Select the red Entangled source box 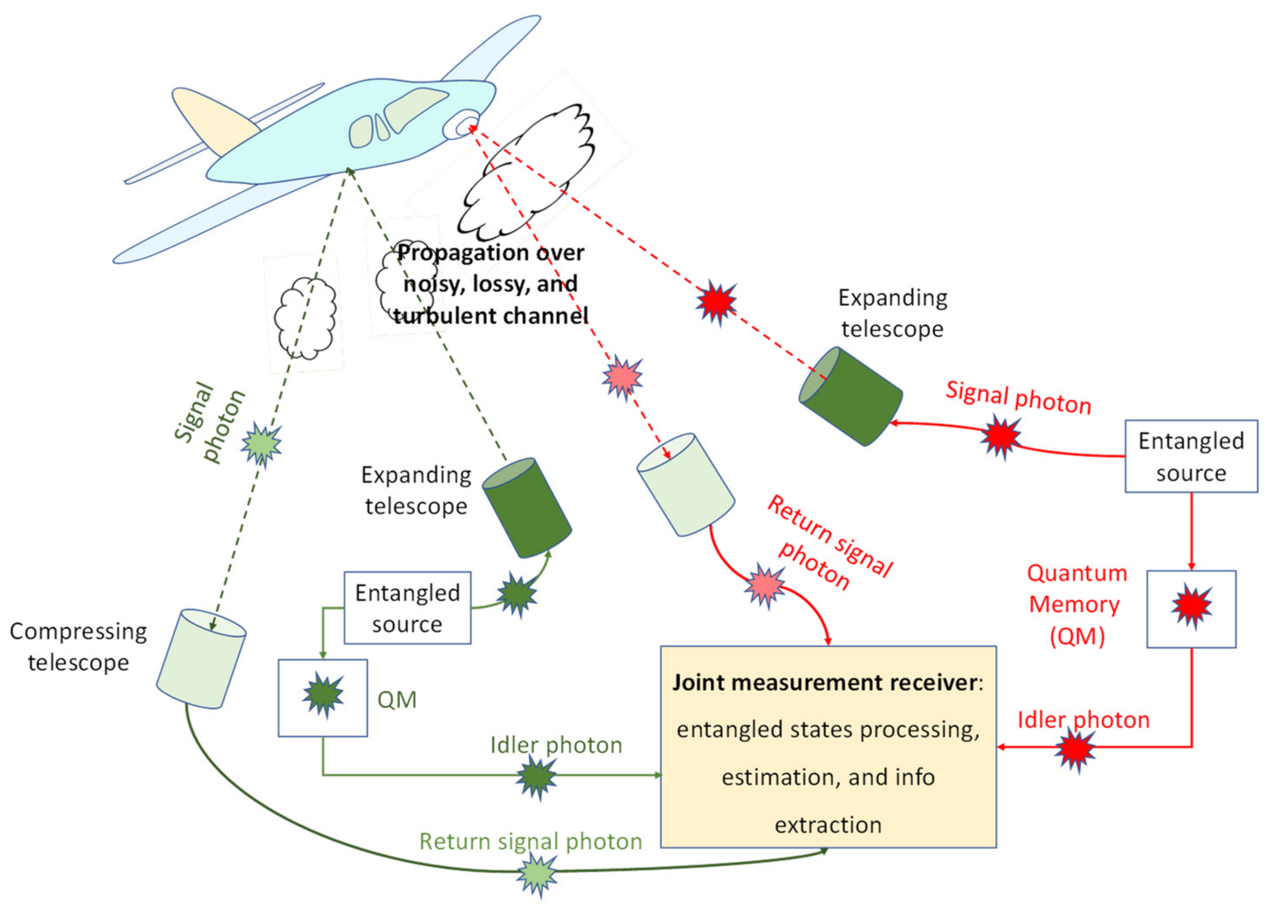[x=1191, y=456]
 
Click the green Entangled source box [x=407, y=608]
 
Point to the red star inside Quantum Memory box [x=1191, y=606]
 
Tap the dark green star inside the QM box [x=323, y=695]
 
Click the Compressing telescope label [x=79, y=647]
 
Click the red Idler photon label [x=1083, y=720]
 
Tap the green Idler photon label [x=556, y=745]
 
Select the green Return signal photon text [x=530, y=841]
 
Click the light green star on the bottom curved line [x=537, y=874]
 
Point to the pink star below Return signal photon [x=764, y=586]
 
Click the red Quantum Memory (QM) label [x=1076, y=604]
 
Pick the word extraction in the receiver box [x=828, y=825]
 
